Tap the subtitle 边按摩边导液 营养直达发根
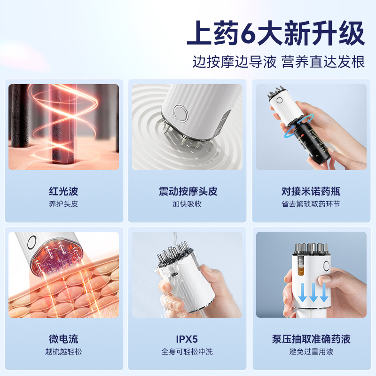pos(279,62)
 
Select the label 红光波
pos(63,191)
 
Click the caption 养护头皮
pos(63,204)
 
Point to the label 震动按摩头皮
pos(188,191)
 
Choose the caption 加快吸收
pos(188,204)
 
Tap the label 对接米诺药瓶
pos(311,191)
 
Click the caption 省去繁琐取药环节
pos(311,204)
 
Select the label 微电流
pos(63,339)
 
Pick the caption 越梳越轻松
pos(63,352)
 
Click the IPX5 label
pos(188,339)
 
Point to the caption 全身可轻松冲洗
pos(188,352)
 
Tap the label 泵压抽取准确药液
pos(311,339)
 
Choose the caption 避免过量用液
pos(311,352)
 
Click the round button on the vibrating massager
pos(180,112)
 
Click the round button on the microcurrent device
pos(32,243)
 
